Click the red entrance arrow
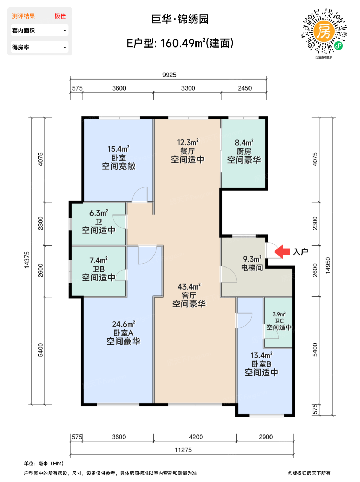pyautogui.click(x=282, y=251)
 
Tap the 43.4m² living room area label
pyautogui.click(x=189, y=286)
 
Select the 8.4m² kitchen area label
pyautogui.click(x=244, y=143)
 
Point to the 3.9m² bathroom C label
pyautogui.click(x=279, y=314)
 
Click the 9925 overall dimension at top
pyautogui.click(x=169, y=75)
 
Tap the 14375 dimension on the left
pyautogui.click(x=27, y=260)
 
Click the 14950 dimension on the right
pyautogui.click(x=328, y=265)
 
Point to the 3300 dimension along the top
pyautogui.click(x=188, y=88)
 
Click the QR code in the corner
pyautogui.click(x=324, y=31)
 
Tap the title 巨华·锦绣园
pyautogui.click(x=180, y=19)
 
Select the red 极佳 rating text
pyautogui.click(x=60, y=16)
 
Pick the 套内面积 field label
pyautogui.click(x=23, y=30)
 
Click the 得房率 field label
pyautogui.click(x=21, y=47)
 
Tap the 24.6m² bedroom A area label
pyautogui.click(x=123, y=324)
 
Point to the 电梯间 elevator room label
pyautogui.click(x=252, y=268)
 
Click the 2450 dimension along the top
pyautogui.click(x=245, y=88)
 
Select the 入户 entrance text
pyautogui.click(x=300, y=252)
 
